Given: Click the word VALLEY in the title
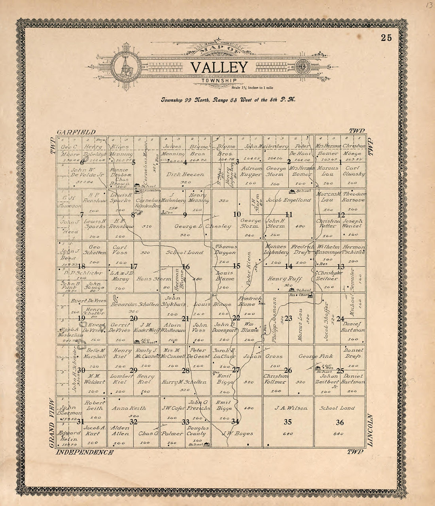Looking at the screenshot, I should point(219,67).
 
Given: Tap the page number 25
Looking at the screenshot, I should point(386,38).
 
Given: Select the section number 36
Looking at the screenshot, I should point(340,423).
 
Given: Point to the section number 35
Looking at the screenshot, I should point(287,422).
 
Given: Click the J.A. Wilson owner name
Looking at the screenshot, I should point(288,408).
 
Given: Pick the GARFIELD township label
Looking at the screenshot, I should point(76,132).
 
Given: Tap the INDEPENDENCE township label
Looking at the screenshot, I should point(85,452).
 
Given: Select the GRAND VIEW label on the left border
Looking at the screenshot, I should point(51,423).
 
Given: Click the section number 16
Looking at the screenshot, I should point(185,267).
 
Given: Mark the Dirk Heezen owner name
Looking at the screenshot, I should point(185,174).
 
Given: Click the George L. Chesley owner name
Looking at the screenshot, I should point(203,226).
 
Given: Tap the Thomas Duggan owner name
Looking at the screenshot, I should point(226,249).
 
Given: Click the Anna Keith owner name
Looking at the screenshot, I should point(129,408).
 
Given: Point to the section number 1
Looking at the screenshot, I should point(340,161).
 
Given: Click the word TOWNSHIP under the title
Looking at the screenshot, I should point(219,81).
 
